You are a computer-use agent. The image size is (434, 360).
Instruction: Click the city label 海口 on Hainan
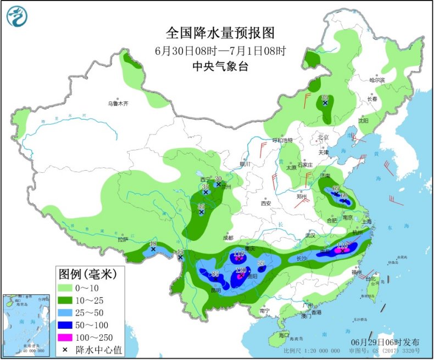pyautogui.click(x=283, y=334)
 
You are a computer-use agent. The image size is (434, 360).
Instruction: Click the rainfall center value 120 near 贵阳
pyautogui.click(x=240, y=271)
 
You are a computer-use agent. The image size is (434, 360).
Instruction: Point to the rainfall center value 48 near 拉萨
pyautogui.click(x=153, y=244)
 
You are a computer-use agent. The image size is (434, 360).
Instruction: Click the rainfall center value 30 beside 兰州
pyautogui.click(x=218, y=179)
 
